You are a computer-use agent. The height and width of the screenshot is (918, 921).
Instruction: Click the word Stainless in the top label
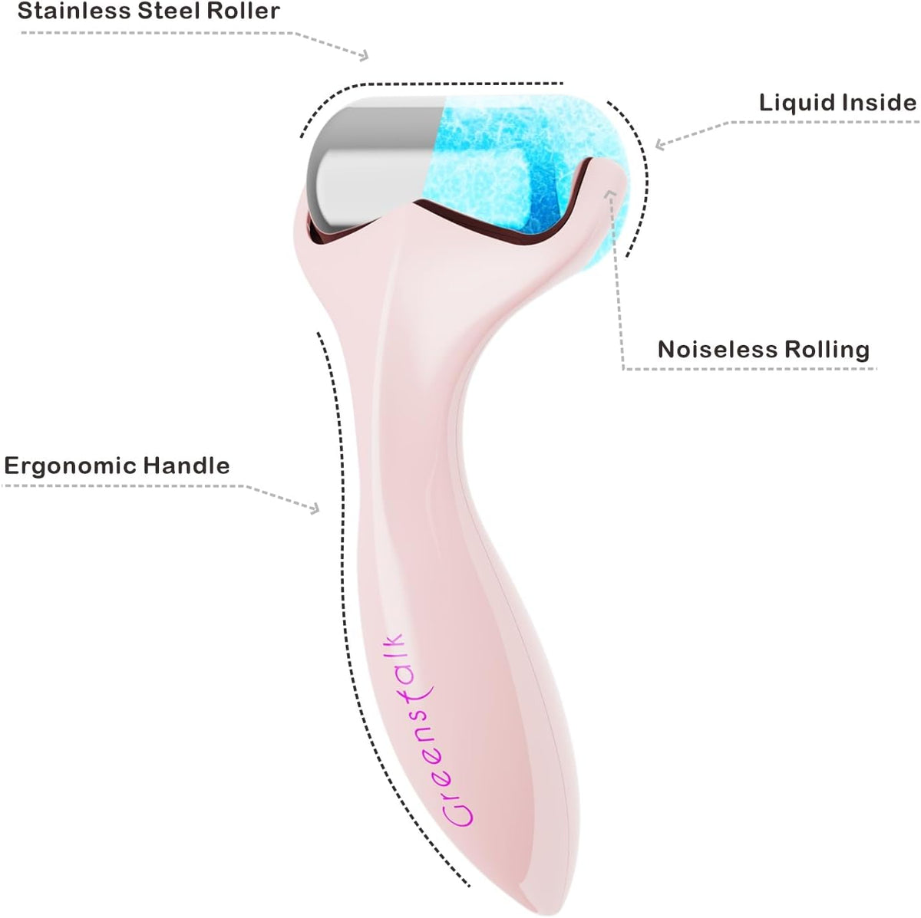coord(74,11)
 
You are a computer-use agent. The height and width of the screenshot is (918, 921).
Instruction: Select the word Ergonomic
coord(70,466)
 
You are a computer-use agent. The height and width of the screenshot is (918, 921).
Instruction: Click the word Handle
coord(187,466)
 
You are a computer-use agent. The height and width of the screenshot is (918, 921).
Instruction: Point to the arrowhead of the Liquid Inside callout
coord(661,144)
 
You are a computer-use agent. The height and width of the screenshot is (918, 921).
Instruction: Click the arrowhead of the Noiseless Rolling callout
coord(610,194)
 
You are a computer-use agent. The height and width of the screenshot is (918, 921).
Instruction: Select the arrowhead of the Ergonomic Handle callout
coord(314,508)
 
